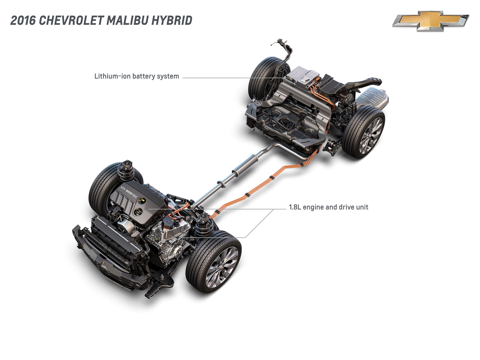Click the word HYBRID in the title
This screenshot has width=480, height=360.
click(x=171, y=20)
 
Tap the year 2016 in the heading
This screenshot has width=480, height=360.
click(x=23, y=20)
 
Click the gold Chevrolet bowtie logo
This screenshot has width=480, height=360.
click(x=430, y=21)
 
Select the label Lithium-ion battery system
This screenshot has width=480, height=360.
click(x=136, y=76)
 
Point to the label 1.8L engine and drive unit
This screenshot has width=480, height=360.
click(x=328, y=207)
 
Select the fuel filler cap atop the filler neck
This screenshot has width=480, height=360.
click(x=280, y=40)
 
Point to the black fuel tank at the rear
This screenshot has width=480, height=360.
click(x=288, y=120)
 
